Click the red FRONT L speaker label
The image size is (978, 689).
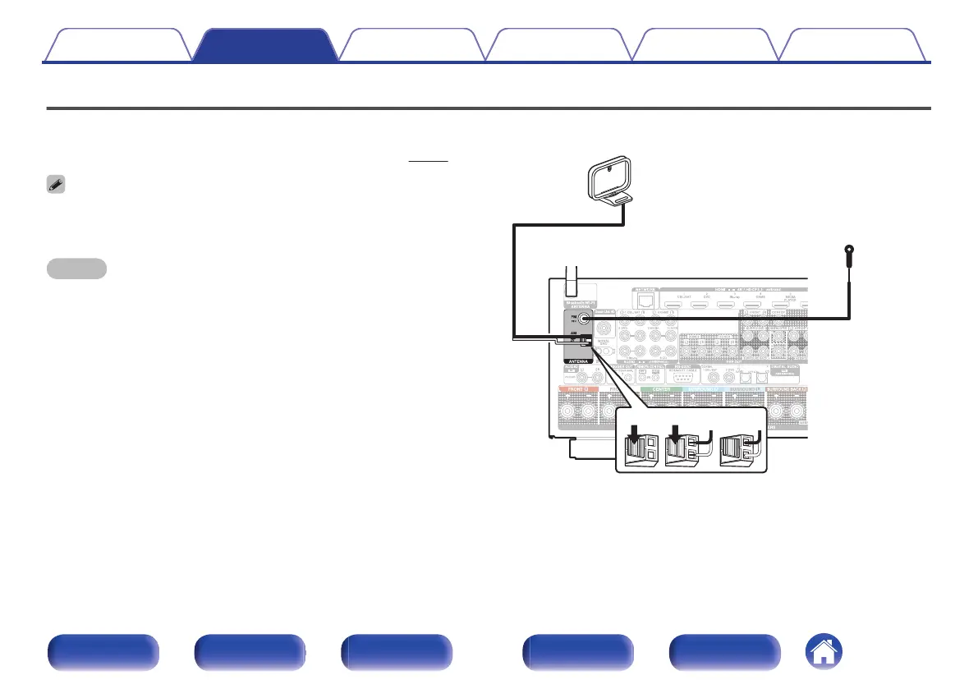[581, 389]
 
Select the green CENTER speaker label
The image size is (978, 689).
[655, 389]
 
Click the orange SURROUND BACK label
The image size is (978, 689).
[787, 389]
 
